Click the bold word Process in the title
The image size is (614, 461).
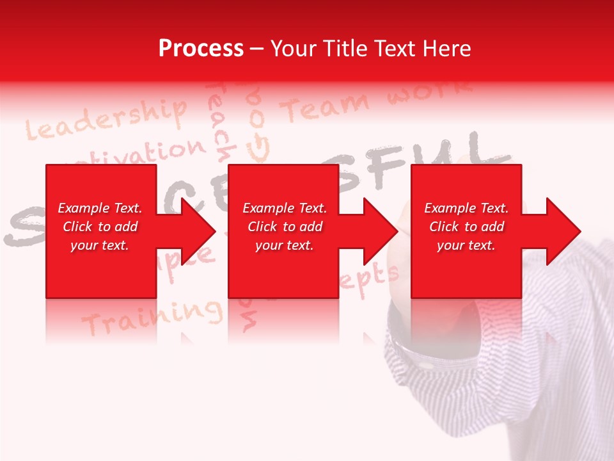(201, 48)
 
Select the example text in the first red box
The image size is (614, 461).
(100, 227)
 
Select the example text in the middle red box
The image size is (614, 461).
(284, 227)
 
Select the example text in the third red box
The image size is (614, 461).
(466, 227)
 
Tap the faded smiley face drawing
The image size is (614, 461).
(259, 147)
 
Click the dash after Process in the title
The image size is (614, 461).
(256, 49)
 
